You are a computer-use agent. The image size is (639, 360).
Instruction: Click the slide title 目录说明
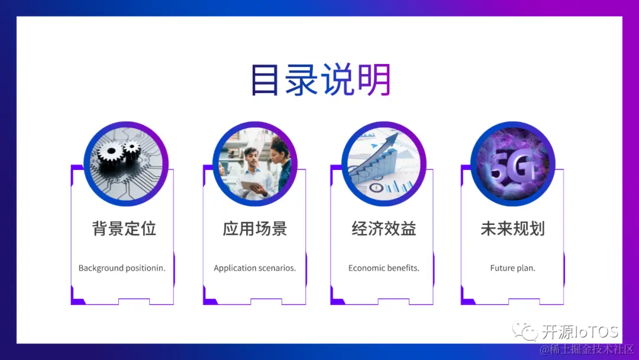tap(320, 80)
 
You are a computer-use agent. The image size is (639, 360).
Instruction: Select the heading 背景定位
tap(124, 229)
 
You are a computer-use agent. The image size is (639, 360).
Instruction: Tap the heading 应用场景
tap(254, 229)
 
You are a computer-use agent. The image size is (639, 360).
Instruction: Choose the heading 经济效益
tap(383, 229)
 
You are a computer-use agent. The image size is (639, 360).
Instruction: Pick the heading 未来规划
tap(512, 229)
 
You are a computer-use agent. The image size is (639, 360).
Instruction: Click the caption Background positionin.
tap(122, 268)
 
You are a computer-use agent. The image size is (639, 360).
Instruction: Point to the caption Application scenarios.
tap(254, 268)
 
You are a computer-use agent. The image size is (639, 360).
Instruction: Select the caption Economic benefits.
tap(383, 268)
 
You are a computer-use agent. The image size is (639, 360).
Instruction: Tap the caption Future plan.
tap(512, 268)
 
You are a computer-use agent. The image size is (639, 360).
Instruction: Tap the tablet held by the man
tap(250, 186)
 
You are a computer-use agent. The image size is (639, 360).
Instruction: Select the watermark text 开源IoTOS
tap(580, 331)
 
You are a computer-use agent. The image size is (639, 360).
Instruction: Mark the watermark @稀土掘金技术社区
tap(586, 349)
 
